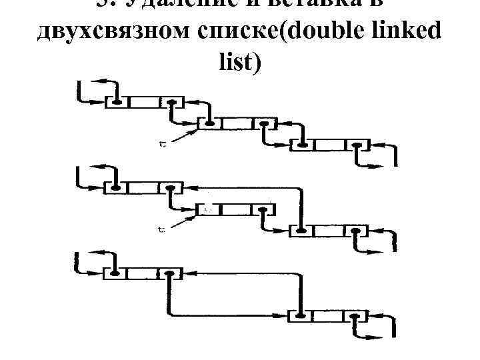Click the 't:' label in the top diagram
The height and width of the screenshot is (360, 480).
(x=163, y=142)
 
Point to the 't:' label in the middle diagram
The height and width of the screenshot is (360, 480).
(x=163, y=229)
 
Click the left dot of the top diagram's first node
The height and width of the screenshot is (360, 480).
(x=116, y=103)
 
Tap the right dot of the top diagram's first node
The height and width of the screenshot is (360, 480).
(x=172, y=103)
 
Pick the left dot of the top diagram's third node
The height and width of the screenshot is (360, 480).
(x=303, y=144)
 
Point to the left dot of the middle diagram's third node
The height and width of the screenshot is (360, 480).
(x=301, y=231)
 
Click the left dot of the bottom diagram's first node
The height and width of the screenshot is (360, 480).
(x=116, y=273)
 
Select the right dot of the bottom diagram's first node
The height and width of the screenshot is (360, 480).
(x=171, y=273)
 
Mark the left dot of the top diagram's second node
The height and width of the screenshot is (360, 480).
(x=210, y=123)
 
